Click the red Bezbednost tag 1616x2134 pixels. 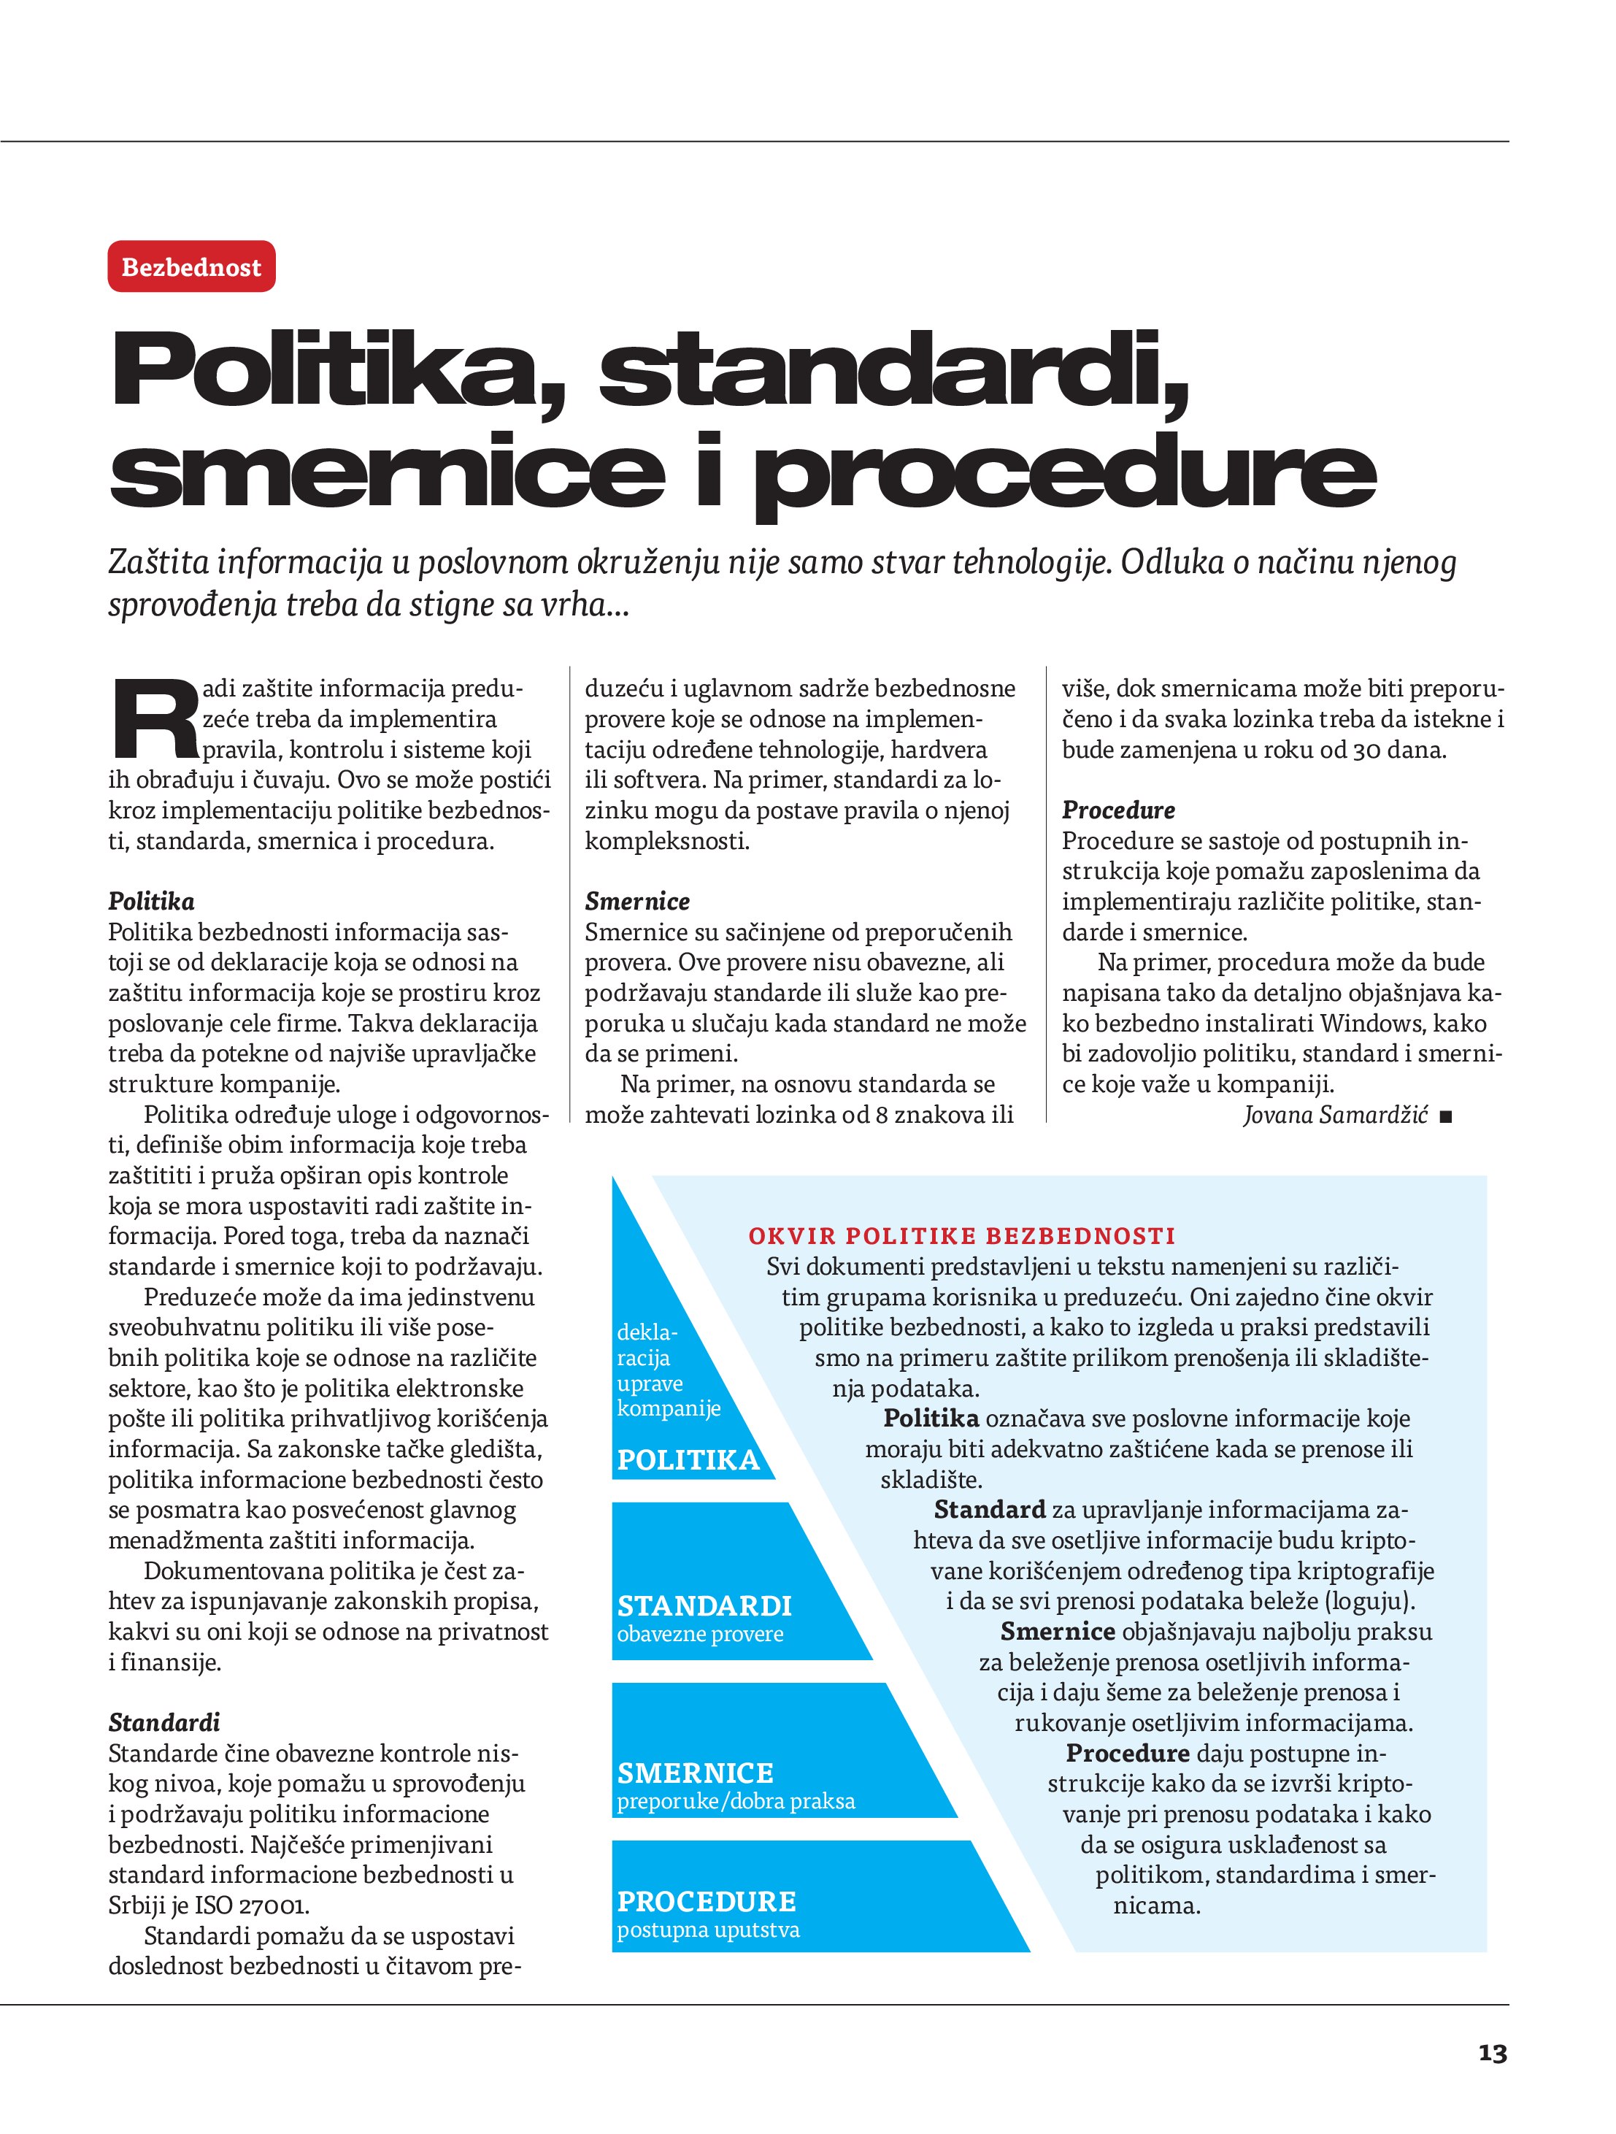191,267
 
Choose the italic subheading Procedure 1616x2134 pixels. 1118,810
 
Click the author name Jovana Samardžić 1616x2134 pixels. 1334,1116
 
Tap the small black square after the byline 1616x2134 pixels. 1444,1117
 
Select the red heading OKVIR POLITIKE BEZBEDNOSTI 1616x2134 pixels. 962,1236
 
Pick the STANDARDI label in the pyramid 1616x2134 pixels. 704,1606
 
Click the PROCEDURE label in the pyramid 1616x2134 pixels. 707,1902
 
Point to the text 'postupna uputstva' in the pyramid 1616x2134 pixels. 708,1930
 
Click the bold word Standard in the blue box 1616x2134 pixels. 989,1509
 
